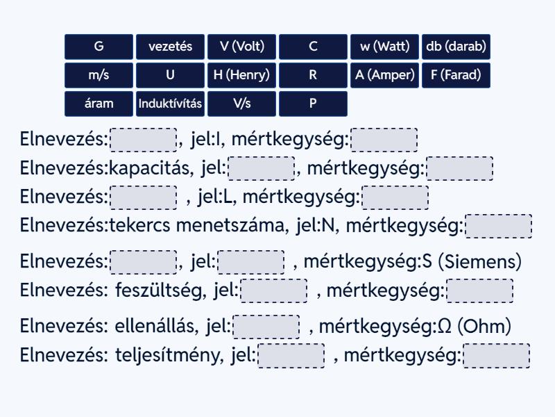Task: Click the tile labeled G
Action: pyautogui.click(x=99, y=47)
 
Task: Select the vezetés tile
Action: pyautogui.click(x=170, y=47)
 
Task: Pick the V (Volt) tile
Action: pyautogui.click(x=241, y=47)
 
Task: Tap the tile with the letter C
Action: pyautogui.click(x=314, y=47)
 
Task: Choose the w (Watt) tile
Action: pyautogui.click(x=385, y=47)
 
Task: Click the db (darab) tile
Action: pyautogui.click(x=456, y=47)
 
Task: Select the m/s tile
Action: pyautogui.click(x=99, y=75)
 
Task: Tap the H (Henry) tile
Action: pyautogui.click(x=241, y=75)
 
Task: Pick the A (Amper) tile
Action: pyautogui.click(x=385, y=75)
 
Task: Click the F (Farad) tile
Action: pyautogui.click(x=456, y=75)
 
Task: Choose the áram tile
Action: pyautogui.click(x=99, y=104)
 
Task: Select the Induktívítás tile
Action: pyautogui.click(x=170, y=104)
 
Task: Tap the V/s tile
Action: pyautogui.click(x=241, y=104)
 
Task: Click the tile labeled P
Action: pyautogui.click(x=314, y=104)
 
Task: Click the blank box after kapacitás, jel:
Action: pyautogui.click(x=262, y=168)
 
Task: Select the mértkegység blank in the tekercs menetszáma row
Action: pyautogui.click(x=498, y=226)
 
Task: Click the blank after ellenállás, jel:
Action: pyautogui.click(x=266, y=327)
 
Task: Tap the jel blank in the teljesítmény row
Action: pyautogui.click(x=291, y=356)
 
